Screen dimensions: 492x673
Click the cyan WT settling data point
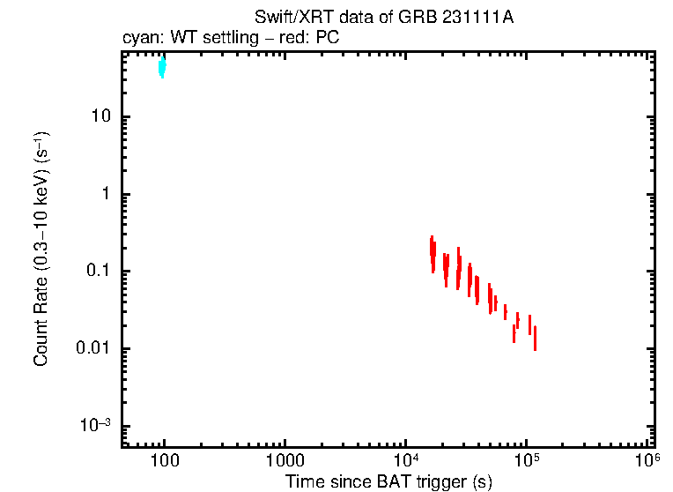pyautogui.click(x=162, y=67)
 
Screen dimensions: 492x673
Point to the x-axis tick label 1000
pyautogui.click(x=285, y=461)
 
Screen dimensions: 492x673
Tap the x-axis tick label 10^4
pyautogui.click(x=405, y=460)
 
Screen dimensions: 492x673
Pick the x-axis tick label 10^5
pyautogui.click(x=527, y=460)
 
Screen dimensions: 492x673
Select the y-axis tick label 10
pyautogui.click(x=98, y=117)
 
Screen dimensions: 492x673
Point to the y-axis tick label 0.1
pyautogui.click(x=95, y=272)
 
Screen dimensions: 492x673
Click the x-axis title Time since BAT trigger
pyautogui.click(x=388, y=481)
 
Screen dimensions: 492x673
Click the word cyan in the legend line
pyautogui.click(x=140, y=39)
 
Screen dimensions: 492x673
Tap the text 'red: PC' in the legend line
pyautogui.click(x=314, y=39)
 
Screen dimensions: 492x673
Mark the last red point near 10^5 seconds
pyautogui.click(x=535, y=339)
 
